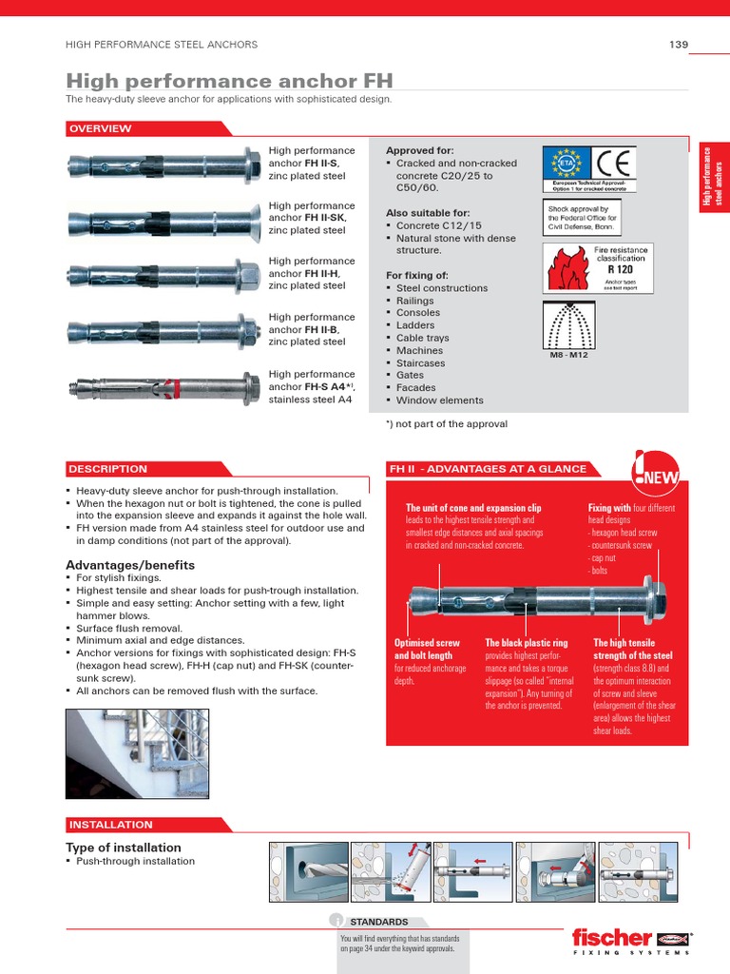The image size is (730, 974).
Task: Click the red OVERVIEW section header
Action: pyautogui.click(x=100, y=128)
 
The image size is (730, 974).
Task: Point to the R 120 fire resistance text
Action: pyautogui.click(x=620, y=269)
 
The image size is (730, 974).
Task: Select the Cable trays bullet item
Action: pyautogui.click(x=422, y=338)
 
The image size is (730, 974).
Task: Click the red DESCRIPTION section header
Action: pyautogui.click(x=107, y=469)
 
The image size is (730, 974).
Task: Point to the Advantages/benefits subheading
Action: pyautogui.click(x=129, y=565)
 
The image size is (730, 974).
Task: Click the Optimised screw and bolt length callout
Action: pyautogui.click(x=427, y=650)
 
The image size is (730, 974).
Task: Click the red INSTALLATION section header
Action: pyautogui.click(x=110, y=825)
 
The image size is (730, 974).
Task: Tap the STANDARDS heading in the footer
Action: pyautogui.click(x=378, y=922)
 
